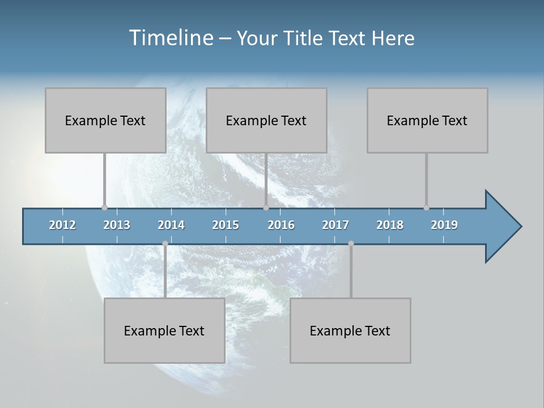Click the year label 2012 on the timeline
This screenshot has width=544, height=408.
(62, 225)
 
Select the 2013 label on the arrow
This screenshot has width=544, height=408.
(117, 225)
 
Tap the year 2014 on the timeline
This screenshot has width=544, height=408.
(171, 225)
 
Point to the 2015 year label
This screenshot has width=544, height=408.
(226, 225)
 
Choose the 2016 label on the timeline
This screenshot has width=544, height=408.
(281, 225)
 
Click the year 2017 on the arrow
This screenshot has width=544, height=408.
(335, 225)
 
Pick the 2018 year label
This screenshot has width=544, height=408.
(390, 225)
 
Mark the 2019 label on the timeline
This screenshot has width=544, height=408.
(444, 225)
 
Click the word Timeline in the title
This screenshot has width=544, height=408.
(171, 38)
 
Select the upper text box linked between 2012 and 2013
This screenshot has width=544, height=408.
(105, 120)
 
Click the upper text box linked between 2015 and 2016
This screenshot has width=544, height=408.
(266, 120)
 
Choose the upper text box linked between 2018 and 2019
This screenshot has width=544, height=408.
(427, 120)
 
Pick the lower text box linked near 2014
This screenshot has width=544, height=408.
(164, 330)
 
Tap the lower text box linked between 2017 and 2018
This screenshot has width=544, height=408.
(350, 330)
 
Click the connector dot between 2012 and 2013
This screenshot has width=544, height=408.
(104, 207)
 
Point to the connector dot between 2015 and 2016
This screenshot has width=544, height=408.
(266, 207)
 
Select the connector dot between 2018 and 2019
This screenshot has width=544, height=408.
(426, 207)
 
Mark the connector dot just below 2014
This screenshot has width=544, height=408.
(165, 243)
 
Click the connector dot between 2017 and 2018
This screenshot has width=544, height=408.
(351, 243)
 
